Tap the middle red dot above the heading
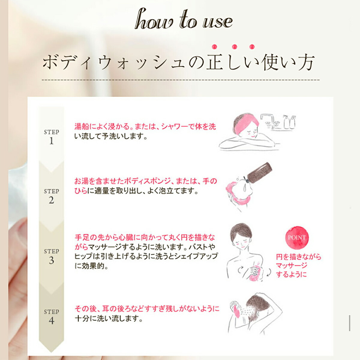(x=235, y=47)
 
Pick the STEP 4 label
(x=51, y=317)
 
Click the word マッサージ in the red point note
(x=292, y=265)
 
